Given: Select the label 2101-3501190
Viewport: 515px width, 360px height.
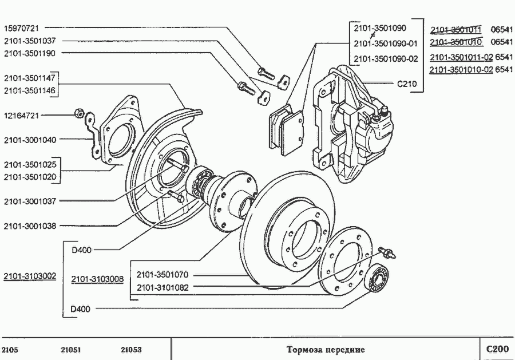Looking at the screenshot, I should (30, 53).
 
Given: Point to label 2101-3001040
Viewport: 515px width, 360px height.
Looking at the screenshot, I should (30, 139).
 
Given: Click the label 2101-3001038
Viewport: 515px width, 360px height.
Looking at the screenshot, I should (30, 226).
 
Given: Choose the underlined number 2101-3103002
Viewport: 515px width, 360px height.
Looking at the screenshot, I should (30, 276).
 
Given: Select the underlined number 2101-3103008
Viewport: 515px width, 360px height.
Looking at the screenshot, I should (97, 279).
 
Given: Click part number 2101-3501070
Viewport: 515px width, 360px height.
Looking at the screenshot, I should (163, 275).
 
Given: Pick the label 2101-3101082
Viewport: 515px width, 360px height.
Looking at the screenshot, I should (163, 287).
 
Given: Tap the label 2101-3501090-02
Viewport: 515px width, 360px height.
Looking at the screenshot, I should (386, 59).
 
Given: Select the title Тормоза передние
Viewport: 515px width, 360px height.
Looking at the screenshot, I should (325, 349).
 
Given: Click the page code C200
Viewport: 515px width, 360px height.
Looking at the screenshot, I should (497, 349).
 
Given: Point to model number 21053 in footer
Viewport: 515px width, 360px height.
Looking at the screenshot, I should (131, 349).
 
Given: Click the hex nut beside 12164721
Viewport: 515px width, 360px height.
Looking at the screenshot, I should (80, 113).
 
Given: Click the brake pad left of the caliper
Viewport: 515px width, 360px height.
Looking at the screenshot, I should (286, 130).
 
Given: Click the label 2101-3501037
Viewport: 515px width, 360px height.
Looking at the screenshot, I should (30, 40).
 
